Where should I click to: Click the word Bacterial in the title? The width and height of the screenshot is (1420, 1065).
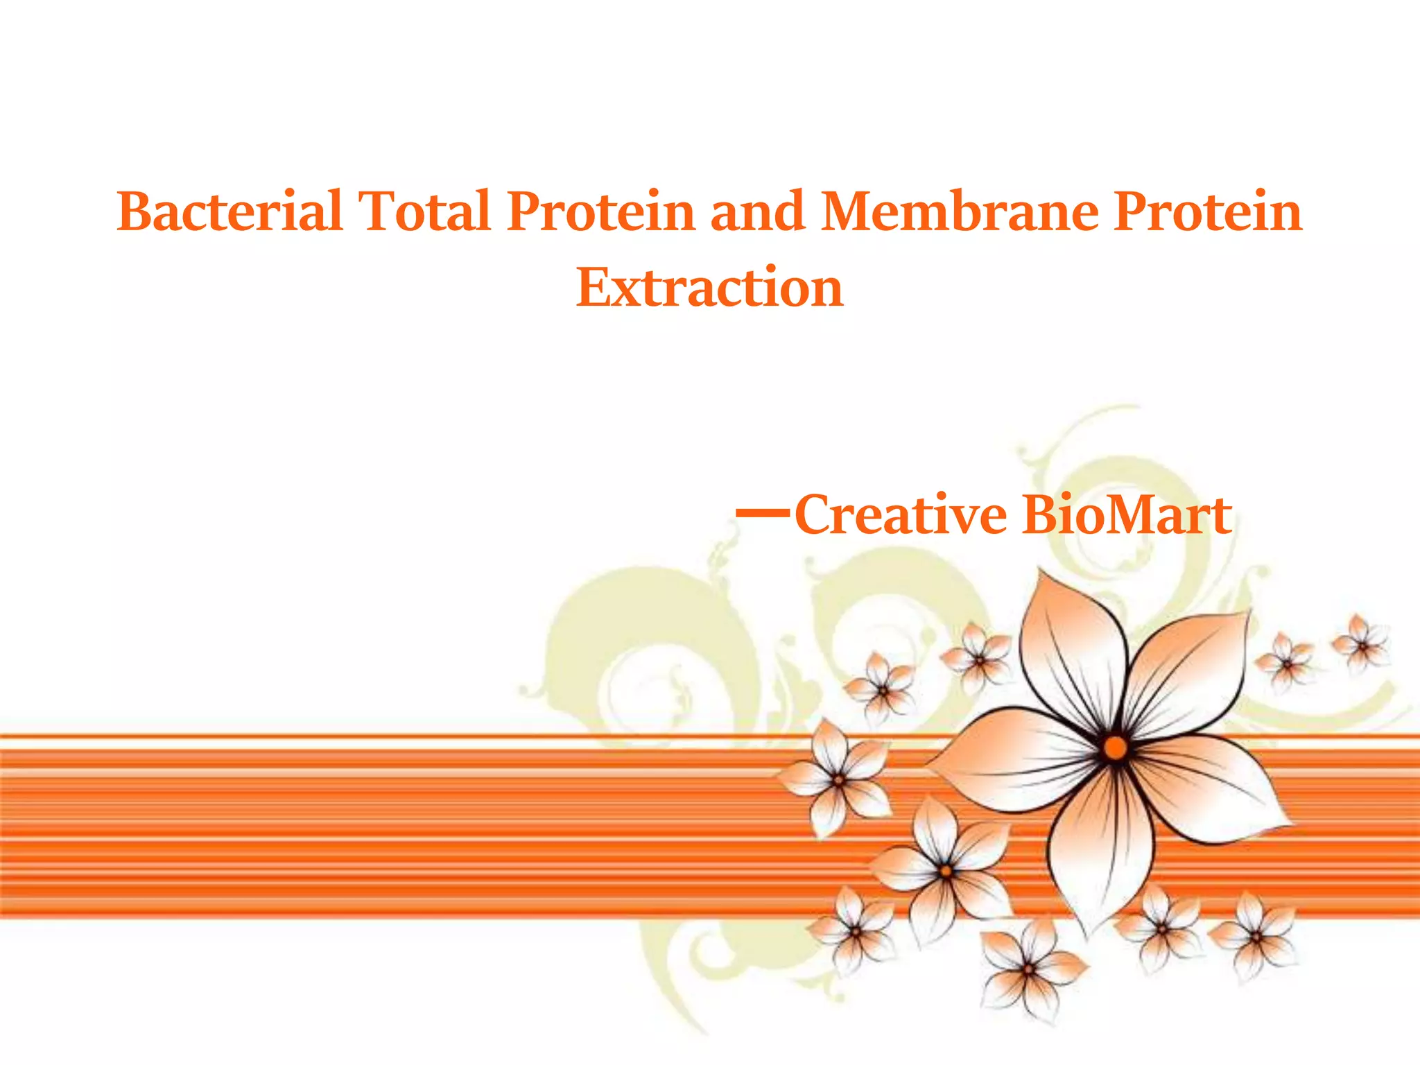tap(229, 211)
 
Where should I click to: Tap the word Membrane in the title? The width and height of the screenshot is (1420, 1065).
tap(960, 211)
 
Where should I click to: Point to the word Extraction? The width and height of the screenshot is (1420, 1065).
tap(709, 288)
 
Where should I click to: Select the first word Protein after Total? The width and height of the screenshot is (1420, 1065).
tap(600, 211)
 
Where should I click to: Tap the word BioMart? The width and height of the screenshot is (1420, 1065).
tap(1127, 515)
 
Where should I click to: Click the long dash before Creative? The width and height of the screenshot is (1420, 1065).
tap(762, 513)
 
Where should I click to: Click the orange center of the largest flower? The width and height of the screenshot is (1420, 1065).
tap(1115, 747)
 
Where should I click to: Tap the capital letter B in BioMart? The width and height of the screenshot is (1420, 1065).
tap(1040, 515)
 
